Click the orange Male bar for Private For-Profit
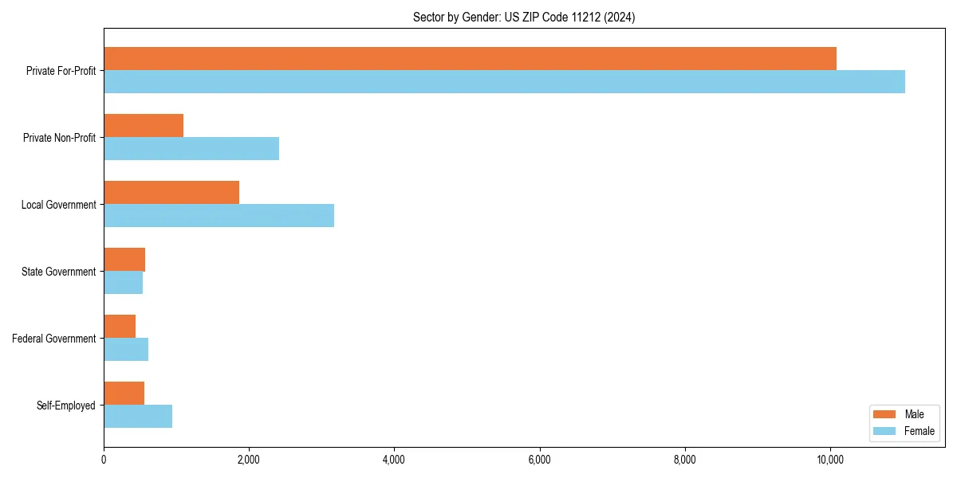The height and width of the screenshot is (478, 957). (470, 59)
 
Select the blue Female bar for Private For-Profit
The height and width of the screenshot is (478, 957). (504, 82)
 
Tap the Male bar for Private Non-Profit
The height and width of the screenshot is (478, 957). (144, 126)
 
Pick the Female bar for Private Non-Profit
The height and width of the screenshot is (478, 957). (191, 149)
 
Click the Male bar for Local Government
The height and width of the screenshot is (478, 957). (171, 193)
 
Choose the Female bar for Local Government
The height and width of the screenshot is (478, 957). (219, 216)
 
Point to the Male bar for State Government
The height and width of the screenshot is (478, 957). (124, 260)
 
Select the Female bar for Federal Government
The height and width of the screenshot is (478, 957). (126, 350)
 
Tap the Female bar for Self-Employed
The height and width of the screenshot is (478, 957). (138, 417)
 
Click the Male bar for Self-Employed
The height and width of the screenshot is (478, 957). (124, 394)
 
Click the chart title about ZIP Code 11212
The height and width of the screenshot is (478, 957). (524, 17)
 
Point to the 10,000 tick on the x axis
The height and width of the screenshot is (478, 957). (831, 460)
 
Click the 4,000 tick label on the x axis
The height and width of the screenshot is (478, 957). (394, 460)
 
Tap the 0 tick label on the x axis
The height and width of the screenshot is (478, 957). (104, 460)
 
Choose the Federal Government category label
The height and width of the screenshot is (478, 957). (54, 339)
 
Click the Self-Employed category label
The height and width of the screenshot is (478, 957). (66, 406)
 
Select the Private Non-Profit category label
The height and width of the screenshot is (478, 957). (59, 138)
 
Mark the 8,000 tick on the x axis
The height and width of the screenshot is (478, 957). (685, 460)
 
